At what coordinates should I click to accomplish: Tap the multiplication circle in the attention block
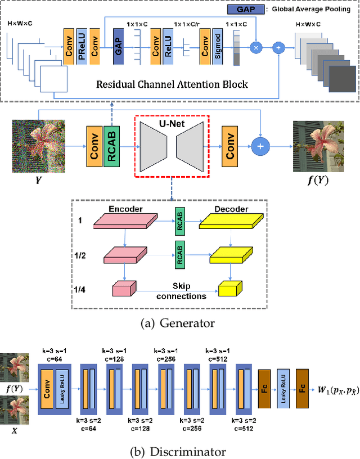click(x=256, y=49)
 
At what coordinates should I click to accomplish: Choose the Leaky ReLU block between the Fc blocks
click(x=285, y=386)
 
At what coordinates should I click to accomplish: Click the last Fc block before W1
click(x=304, y=386)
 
